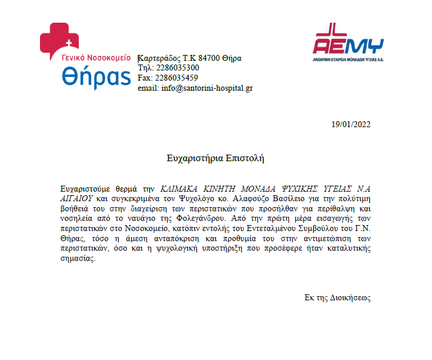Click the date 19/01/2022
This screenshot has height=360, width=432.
351,125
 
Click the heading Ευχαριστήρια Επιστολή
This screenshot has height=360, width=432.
215,158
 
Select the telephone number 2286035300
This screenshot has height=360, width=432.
177,68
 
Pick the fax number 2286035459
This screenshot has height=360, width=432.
177,78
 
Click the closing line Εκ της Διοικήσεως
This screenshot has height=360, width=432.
337,297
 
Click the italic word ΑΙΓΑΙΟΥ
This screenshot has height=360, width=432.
78,197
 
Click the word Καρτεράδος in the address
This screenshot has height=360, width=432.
158,59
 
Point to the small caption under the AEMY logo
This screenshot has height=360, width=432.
348,60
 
